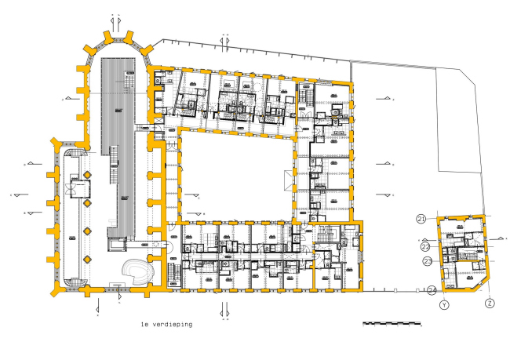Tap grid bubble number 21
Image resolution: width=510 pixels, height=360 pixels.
421,219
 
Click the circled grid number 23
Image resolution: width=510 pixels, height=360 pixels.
427,261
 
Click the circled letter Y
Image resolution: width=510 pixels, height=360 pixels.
444,304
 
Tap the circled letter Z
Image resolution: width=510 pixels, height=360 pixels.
489,304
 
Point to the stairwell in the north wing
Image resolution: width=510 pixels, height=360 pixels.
304,96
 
